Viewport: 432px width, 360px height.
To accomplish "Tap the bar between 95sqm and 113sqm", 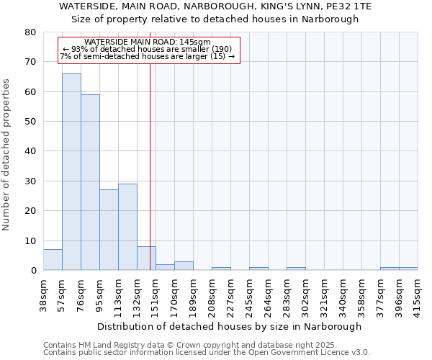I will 109,230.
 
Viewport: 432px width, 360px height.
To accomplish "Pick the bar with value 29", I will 127,227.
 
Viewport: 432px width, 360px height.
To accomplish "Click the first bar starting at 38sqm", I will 53,260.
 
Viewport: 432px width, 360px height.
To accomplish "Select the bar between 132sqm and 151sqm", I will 146,258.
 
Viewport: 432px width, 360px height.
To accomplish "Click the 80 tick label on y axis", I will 30,32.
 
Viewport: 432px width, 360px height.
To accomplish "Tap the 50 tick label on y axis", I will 30,122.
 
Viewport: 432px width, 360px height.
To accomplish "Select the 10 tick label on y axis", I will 30,241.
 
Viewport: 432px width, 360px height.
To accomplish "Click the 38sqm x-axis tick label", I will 43,292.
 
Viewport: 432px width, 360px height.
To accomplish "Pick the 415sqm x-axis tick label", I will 418,292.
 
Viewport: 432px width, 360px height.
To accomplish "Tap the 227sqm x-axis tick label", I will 230,292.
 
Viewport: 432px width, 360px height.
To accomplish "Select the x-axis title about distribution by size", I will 230,326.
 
